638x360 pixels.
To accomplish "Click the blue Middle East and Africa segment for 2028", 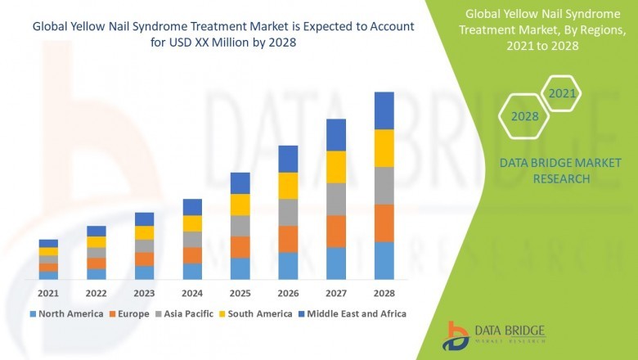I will coord(384,110).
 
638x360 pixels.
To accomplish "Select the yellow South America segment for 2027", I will coord(335,167).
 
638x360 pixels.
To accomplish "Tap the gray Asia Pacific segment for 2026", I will coord(288,212).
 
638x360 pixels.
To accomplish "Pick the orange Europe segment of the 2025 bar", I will coord(240,247).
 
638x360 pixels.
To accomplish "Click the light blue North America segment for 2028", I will coord(384,260).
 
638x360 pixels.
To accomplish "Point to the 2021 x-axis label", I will coord(48,293).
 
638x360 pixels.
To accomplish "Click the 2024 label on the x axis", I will coord(192,293).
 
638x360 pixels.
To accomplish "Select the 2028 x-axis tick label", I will coord(384,293).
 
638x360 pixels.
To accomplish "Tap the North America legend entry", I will coord(66,313).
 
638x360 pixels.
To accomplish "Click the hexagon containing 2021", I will coord(562,94).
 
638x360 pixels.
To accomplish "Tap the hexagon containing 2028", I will coord(525,116).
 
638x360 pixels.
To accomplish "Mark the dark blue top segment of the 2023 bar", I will coord(144,218).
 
